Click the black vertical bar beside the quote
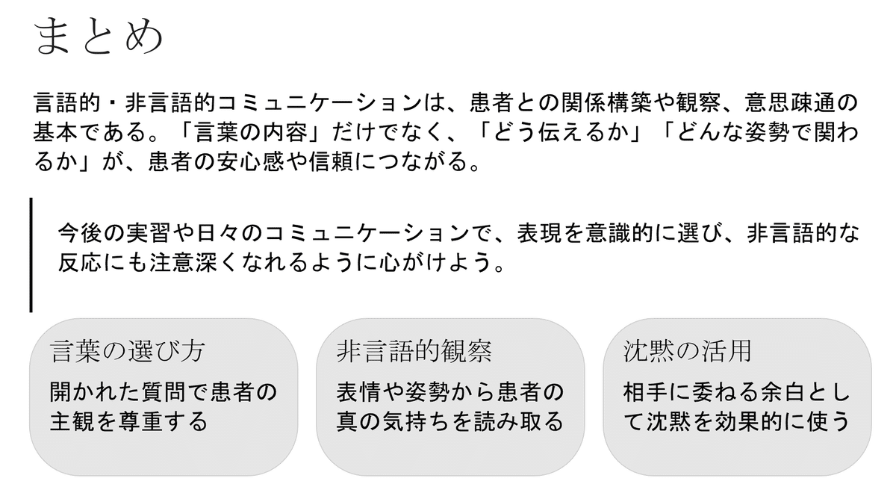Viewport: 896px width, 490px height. pyautogui.click(x=31, y=254)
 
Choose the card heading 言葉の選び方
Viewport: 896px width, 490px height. pyautogui.click(x=126, y=351)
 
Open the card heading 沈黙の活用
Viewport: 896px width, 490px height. pyautogui.click(x=687, y=351)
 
